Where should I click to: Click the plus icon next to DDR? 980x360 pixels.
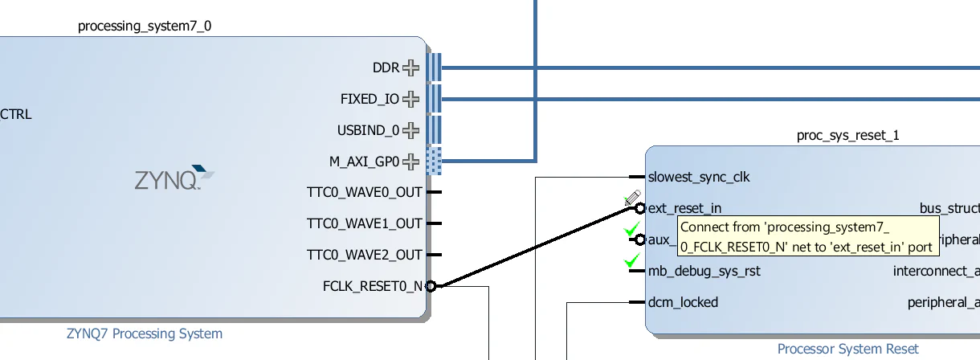(x=411, y=67)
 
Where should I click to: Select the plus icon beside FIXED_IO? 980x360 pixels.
(x=411, y=99)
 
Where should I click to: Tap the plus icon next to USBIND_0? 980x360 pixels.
(x=411, y=130)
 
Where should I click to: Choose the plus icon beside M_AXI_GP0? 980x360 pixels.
(x=411, y=162)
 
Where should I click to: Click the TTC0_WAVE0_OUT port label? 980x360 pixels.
(x=364, y=193)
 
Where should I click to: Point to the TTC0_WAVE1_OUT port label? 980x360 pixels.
(x=364, y=223)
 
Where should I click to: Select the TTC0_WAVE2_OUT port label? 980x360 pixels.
(x=364, y=255)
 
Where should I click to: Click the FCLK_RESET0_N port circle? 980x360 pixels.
(x=431, y=286)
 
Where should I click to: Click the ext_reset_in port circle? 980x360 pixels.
(x=639, y=208)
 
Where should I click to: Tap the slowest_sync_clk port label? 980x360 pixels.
(x=698, y=177)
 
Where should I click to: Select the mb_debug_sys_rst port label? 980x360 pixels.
(x=704, y=271)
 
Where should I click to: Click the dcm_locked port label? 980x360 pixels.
(x=683, y=302)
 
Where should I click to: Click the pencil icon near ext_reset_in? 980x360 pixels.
(x=631, y=198)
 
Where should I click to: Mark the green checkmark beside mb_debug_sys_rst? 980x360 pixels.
(x=632, y=260)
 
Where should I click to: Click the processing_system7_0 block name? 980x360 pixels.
(x=145, y=27)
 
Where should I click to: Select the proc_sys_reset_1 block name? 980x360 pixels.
(x=847, y=135)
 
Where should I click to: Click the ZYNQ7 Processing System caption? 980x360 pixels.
(x=145, y=333)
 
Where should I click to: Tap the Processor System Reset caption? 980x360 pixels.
(x=847, y=349)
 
